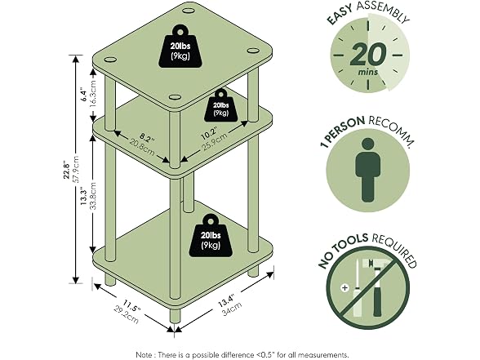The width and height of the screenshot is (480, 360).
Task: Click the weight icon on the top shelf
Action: (180, 47)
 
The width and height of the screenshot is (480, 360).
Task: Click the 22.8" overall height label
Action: (67, 171)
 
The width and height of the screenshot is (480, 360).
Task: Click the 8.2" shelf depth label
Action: (147, 138)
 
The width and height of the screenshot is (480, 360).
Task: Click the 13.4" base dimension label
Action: (227, 300)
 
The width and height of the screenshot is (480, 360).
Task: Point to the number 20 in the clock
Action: (367, 54)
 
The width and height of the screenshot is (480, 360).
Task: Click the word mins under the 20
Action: (368, 72)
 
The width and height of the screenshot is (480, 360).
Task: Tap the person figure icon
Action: (368, 170)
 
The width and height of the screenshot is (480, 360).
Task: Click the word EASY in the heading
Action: (340, 15)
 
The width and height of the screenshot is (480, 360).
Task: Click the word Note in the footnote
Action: (144, 355)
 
